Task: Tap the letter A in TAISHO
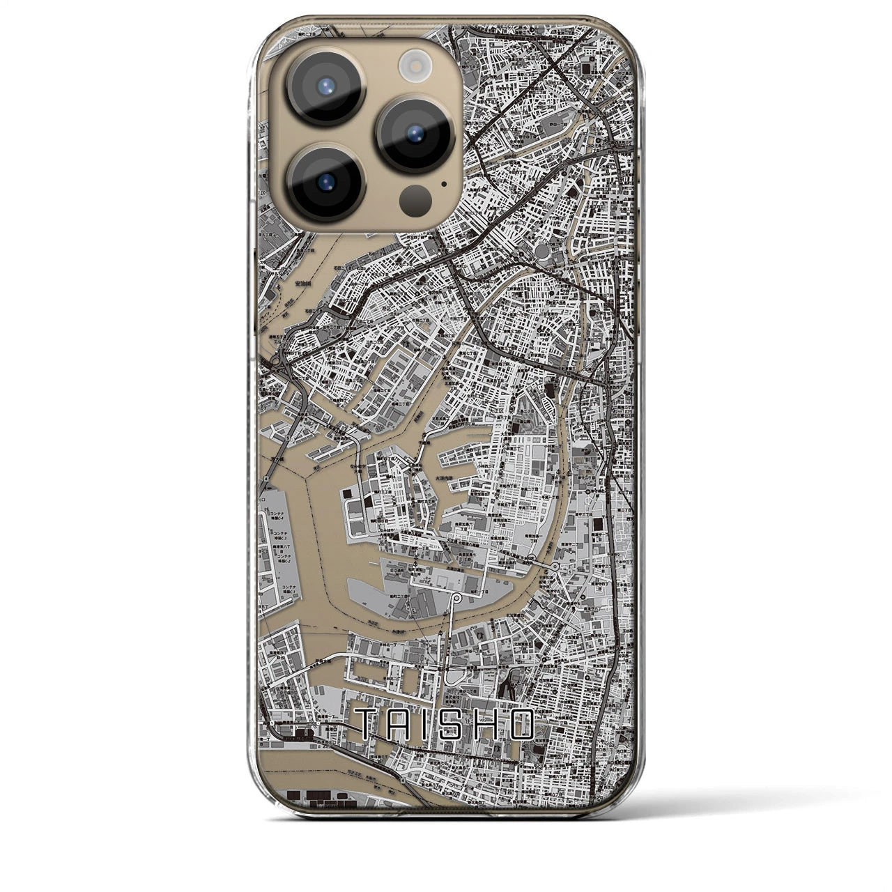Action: (x=399, y=725)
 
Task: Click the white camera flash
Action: (x=414, y=66)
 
